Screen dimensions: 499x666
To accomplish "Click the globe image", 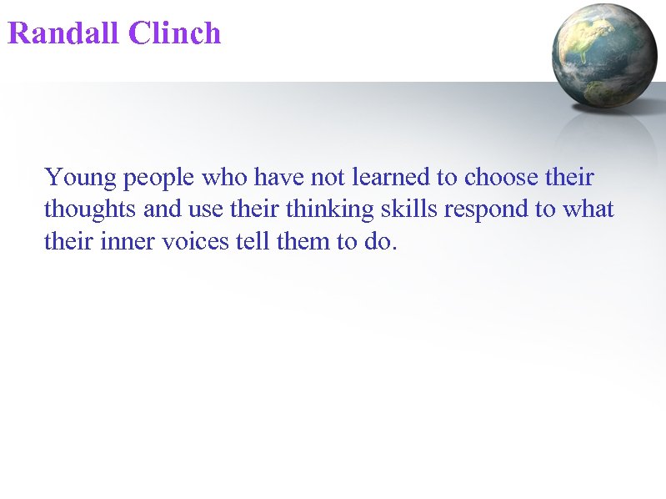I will (604, 55).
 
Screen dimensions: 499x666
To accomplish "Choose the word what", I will (588, 209).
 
